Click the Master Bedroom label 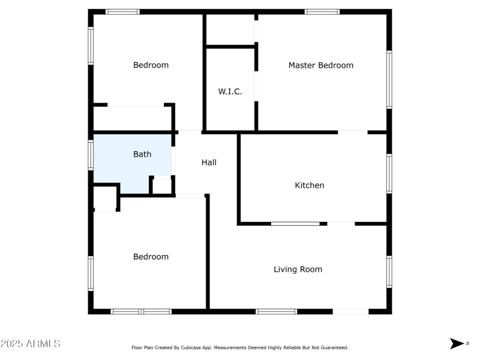click(320, 65)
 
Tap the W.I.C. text click(230, 92)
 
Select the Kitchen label click(309, 185)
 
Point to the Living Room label click(298, 269)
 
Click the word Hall click(209, 163)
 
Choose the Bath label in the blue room click(142, 154)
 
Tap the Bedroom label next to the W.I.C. click(151, 65)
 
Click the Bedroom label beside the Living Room click(151, 257)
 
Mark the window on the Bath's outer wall click(91, 154)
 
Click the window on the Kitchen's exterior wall click(389, 174)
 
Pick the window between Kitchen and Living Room click(295, 224)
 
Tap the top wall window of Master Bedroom click(322, 11)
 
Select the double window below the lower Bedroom click(142, 311)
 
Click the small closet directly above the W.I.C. click(230, 29)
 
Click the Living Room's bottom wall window click(276, 311)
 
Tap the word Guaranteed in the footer click(335, 347)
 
